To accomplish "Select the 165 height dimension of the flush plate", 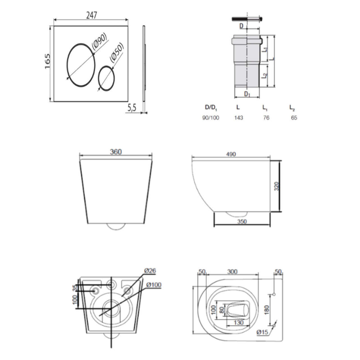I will (x=47, y=61).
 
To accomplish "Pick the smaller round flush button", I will (x=106, y=78).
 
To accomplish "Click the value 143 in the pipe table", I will (x=239, y=118).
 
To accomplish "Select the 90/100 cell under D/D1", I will (x=211, y=118).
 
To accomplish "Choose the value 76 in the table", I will (x=266, y=118).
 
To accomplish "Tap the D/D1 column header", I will (x=211, y=107).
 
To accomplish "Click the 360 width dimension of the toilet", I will (x=116, y=152).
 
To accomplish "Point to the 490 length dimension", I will (x=231, y=154).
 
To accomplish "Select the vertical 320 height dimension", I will (x=276, y=187).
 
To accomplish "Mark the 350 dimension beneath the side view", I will (x=242, y=221).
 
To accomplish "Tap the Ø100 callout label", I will (x=154, y=285).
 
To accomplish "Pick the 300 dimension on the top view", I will (x=232, y=272).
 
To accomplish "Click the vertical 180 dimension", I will (x=267, y=309).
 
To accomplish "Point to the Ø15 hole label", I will (x=262, y=333).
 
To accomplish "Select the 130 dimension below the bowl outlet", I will (x=238, y=323).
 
